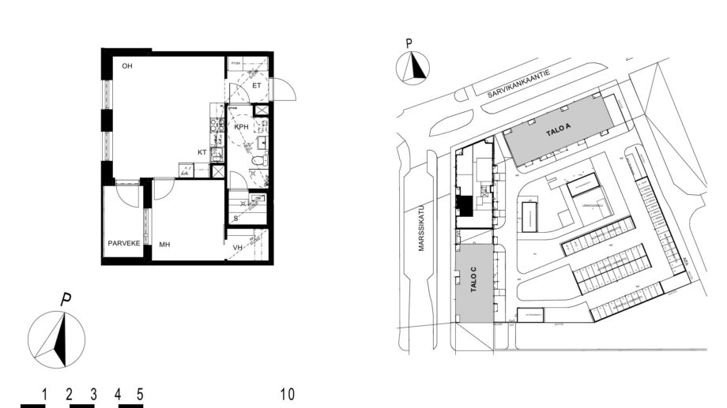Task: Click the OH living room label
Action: tap(126, 66)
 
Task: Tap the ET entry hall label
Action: tap(257, 85)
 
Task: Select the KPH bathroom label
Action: tap(242, 126)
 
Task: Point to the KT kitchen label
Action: tap(202, 152)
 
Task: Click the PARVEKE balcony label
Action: tap(124, 243)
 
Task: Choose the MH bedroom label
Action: tap(164, 245)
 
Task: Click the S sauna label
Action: tap(235, 217)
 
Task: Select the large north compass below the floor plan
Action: tap(56, 338)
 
